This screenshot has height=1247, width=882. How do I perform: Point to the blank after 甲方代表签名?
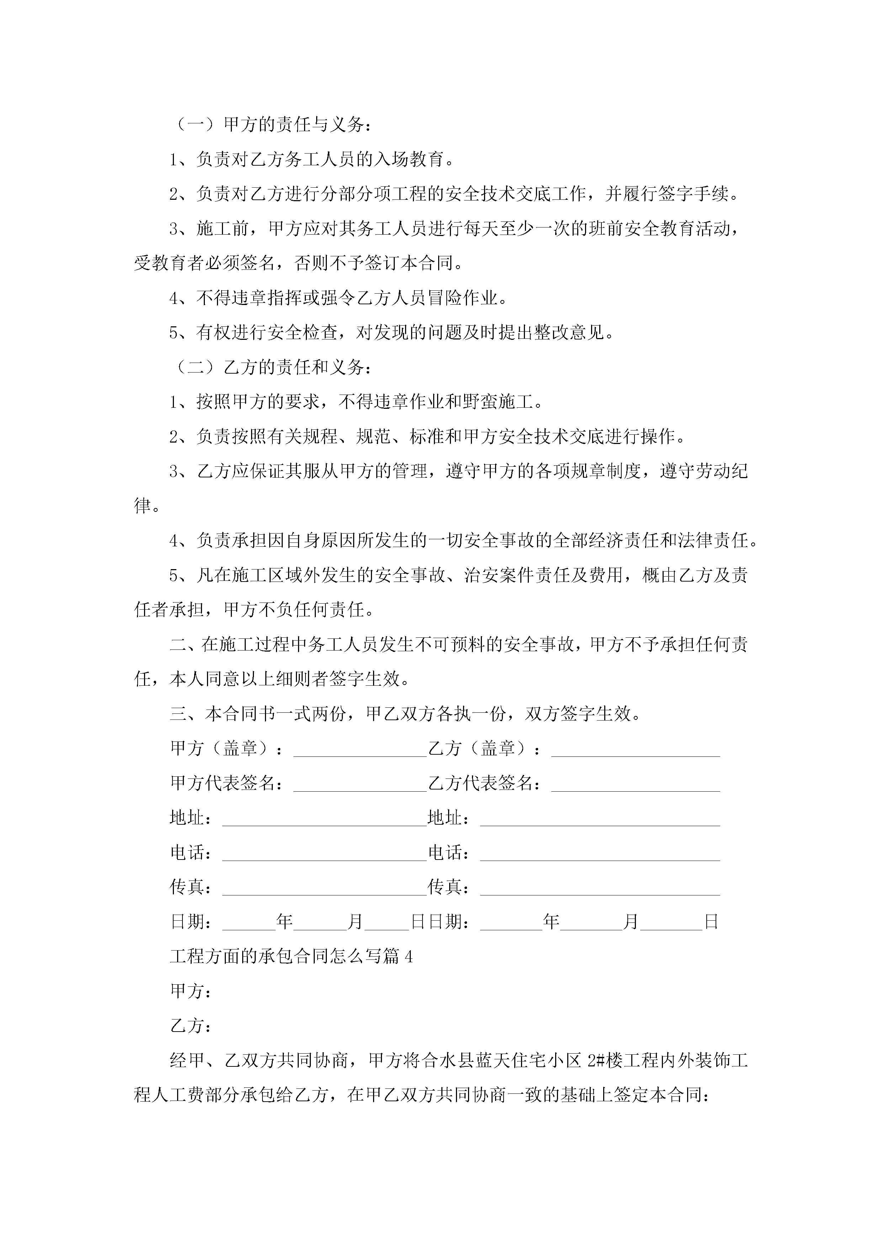pyautogui.click(x=360, y=784)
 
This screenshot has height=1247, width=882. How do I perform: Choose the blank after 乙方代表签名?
pyautogui.click(x=635, y=784)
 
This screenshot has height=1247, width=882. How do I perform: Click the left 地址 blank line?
pyautogui.click(x=324, y=819)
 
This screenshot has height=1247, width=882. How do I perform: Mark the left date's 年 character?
pyautogui.click(x=284, y=922)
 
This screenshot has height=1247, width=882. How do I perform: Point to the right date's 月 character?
pyautogui.click(x=631, y=922)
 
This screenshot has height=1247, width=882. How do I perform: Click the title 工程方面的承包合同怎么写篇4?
pyautogui.click(x=291, y=957)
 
